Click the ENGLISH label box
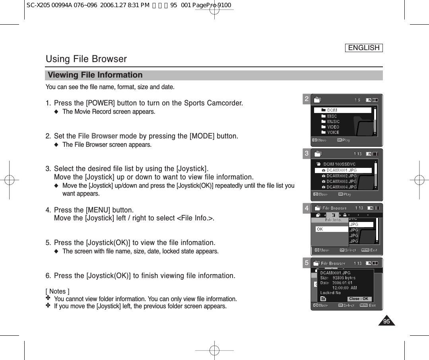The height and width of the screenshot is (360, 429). coord(364,48)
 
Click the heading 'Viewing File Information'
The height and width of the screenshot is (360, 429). coord(95,75)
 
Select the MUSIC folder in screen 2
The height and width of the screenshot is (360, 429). coord(333,122)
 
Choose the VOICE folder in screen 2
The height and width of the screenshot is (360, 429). coord(333,132)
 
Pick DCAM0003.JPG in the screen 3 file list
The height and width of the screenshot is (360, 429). coord(342,181)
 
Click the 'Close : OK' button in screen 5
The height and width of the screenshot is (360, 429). coord(359,299)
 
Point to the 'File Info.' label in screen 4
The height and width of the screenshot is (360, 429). coord(333,220)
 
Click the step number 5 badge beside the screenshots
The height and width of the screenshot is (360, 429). coord(307,263)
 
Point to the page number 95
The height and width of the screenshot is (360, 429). coord(386,321)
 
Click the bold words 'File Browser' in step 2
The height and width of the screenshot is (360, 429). coord(97,136)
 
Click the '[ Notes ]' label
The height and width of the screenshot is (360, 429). coord(58,292)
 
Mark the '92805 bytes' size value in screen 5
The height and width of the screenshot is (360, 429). coord(344,278)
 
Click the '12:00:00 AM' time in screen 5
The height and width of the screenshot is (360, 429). coord(344,288)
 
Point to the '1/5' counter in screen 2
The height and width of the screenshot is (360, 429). coord(357,100)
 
